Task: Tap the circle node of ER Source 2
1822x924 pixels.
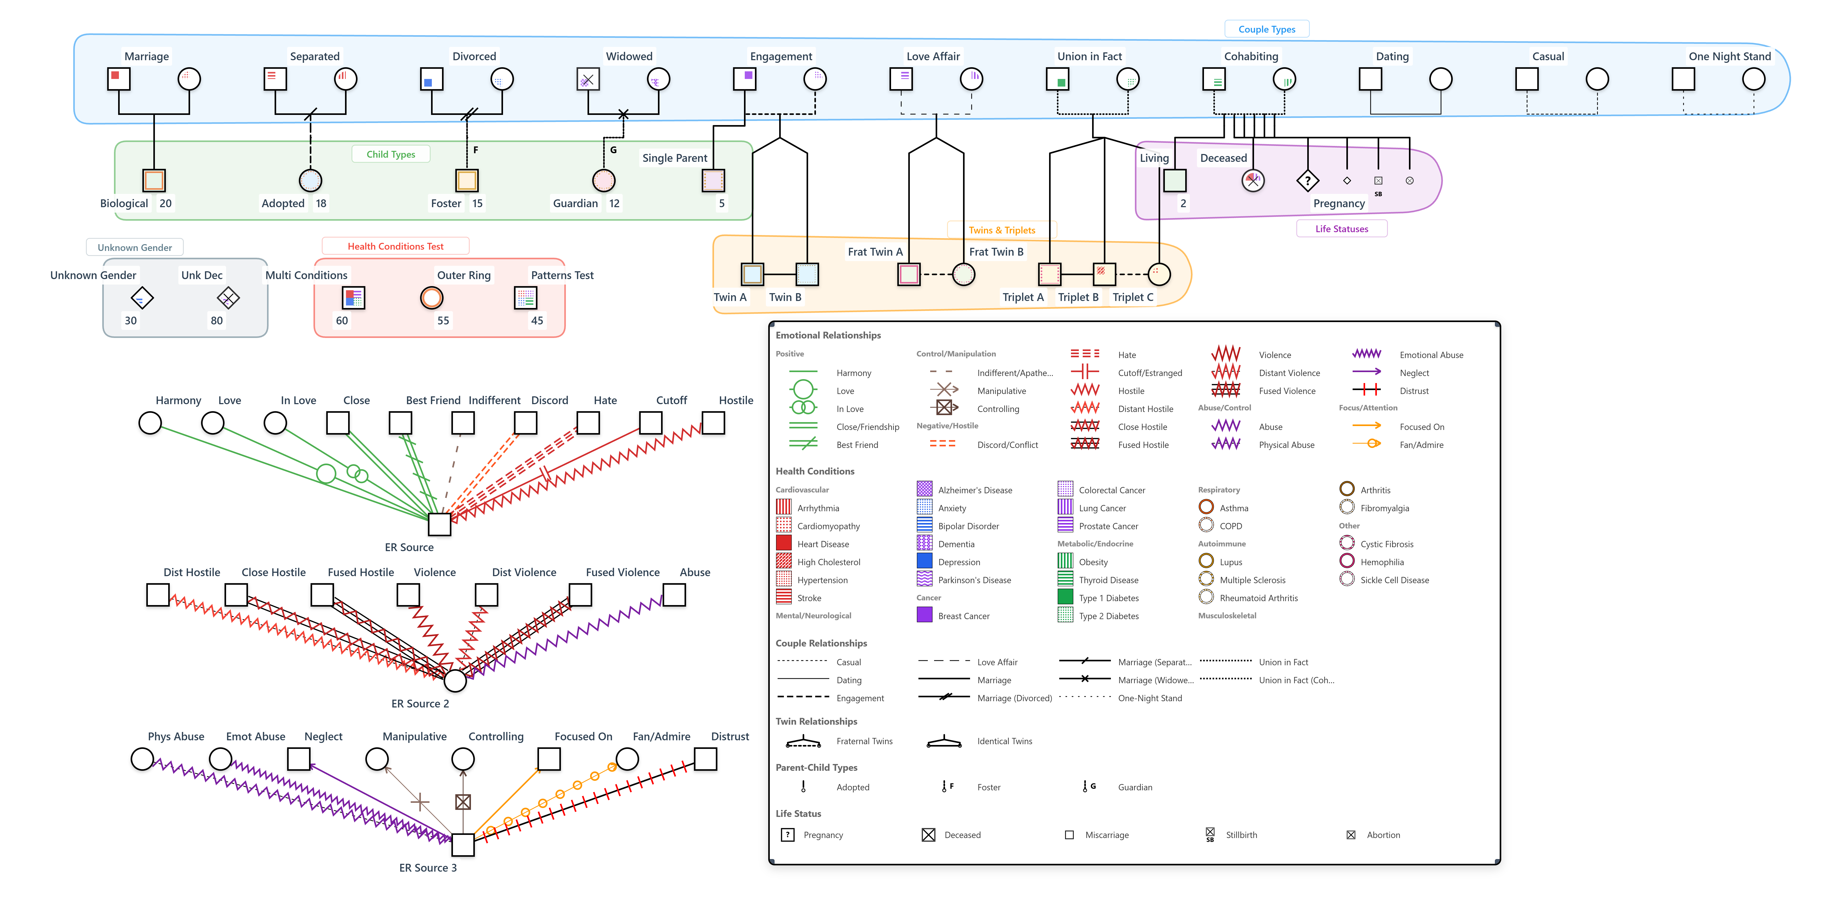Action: (455, 681)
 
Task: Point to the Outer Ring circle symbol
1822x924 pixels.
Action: (432, 298)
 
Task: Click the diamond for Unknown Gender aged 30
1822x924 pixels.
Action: (142, 298)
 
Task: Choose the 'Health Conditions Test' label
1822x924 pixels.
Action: (395, 246)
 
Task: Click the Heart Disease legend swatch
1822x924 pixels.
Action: (784, 543)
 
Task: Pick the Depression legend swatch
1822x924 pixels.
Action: (924, 561)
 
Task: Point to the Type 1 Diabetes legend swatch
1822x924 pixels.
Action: (1065, 597)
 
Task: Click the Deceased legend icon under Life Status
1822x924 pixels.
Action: (929, 835)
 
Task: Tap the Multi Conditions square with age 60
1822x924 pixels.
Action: (353, 298)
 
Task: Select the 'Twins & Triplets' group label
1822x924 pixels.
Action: (1002, 230)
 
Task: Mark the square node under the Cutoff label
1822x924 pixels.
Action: (650, 423)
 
